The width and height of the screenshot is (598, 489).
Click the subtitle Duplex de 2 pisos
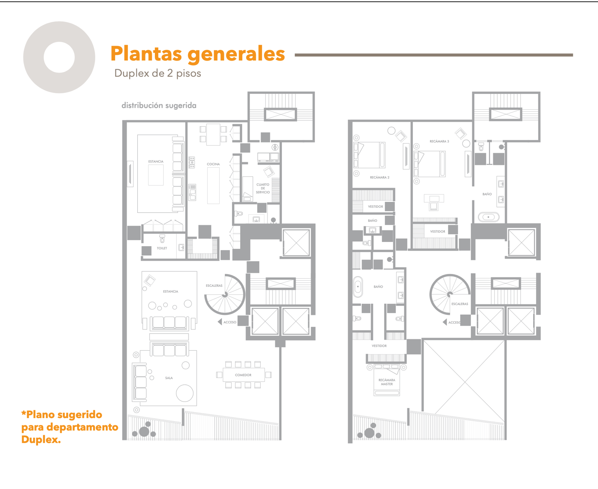(x=158, y=73)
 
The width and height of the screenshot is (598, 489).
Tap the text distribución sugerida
(x=159, y=105)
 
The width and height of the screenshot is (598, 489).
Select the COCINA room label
(x=213, y=164)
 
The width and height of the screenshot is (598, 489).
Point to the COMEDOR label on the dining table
(x=243, y=375)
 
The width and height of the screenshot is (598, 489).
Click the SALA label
(x=169, y=378)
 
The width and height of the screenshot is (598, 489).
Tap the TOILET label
(x=162, y=248)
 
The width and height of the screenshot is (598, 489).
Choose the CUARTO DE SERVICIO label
(x=263, y=188)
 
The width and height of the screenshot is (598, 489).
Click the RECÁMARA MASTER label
(x=387, y=382)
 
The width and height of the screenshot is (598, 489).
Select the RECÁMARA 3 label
(x=439, y=141)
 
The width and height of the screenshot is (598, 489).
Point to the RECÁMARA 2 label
(x=379, y=177)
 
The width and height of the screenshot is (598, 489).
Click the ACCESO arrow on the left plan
(x=220, y=322)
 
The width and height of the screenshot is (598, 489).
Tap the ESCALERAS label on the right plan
(x=460, y=304)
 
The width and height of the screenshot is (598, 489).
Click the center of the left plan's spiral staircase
(x=225, y=294)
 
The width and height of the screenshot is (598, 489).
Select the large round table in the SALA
(x=185, y=393)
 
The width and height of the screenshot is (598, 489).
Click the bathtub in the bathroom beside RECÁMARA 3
(x=488, y=217)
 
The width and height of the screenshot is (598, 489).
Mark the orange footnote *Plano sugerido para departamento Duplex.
(x=70, y=427)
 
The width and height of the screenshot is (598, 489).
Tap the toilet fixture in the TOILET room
(x=162, y=239)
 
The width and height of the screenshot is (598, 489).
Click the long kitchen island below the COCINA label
(x=213, y=186)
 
